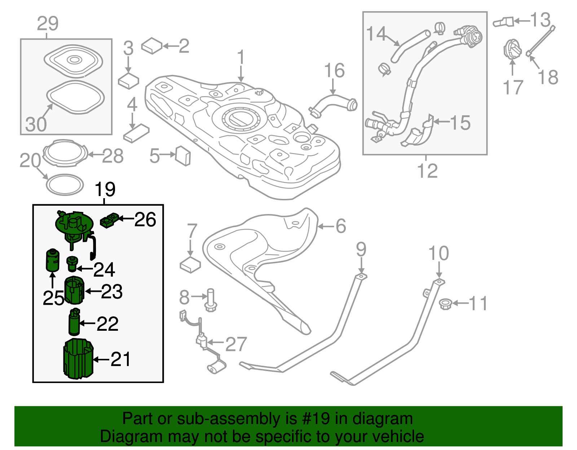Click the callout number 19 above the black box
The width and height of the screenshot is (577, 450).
pos(105,189)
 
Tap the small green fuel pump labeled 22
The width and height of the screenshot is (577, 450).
pos(74,321)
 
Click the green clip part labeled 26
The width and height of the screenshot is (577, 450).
pos(109,220)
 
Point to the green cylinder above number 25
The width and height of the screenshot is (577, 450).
pos(52,260)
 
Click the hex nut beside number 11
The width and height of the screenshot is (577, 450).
pos(446,304)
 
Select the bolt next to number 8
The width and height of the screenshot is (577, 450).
pos(211,300)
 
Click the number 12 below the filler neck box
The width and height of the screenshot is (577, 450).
pos(427,170)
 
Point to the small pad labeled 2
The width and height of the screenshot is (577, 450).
pos(152,46)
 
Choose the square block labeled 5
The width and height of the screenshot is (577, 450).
pos(183,156)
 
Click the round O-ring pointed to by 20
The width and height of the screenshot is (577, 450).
pos(65,185)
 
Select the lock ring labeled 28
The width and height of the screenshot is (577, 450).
pos(65,153)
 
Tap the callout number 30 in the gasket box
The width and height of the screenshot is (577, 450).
pos(36,124)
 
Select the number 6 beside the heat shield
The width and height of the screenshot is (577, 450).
pos(341,226)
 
